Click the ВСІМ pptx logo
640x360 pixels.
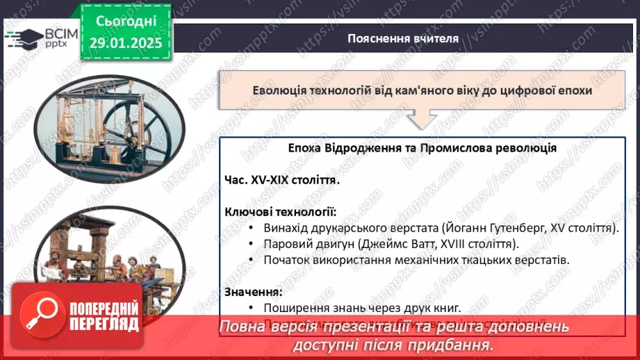point(38,37)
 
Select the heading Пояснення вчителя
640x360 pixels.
point(403,38)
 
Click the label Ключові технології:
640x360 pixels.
point(280,211)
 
